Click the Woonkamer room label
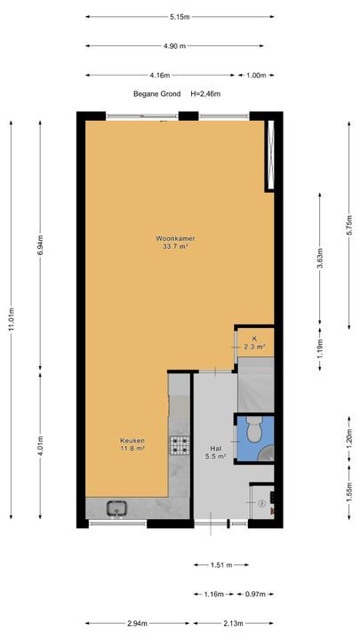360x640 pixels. (x=175, y=238)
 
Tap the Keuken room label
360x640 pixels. (x=132, y=440)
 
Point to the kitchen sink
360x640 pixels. (x=117, y=508)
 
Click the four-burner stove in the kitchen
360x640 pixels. (x=180, y=445)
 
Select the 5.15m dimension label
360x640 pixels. (x=180, y=17)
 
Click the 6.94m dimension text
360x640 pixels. (x=40, y=245)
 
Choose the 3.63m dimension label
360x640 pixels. (x=320, y=258)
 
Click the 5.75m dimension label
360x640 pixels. (x=349, y=225)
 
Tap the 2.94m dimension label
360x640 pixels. (x=138, y=623)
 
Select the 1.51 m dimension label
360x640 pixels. (x=221, y=565)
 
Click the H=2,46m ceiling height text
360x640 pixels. (x=205, y=94)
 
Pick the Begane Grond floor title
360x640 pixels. (x=156, y=94)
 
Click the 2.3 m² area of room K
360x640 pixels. (x=255, y=347)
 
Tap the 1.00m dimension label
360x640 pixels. (x=255, y=75)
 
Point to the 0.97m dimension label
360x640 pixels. (x=255, y=594)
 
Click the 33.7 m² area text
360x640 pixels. (x=175, y=246)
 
